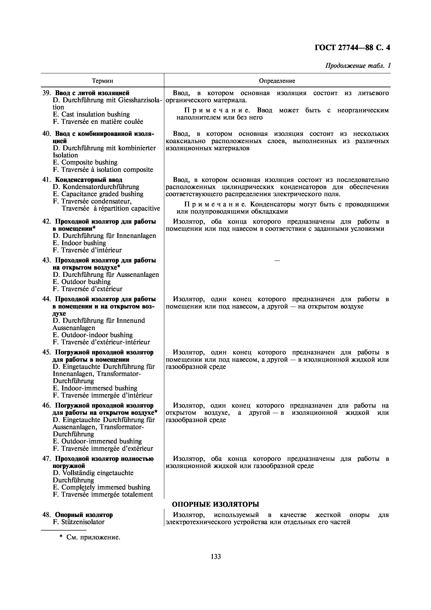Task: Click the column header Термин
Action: point(103,81)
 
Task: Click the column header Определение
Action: point(277,81)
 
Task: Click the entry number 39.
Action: point(46,93)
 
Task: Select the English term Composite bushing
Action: point(89,162)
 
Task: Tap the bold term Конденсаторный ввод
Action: point(89,180)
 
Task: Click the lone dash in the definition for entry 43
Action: point(277,261)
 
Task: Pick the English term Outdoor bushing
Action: point(86,282)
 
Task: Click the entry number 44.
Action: point(46,299)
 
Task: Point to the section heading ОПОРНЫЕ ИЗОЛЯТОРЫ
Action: point(216,504)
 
